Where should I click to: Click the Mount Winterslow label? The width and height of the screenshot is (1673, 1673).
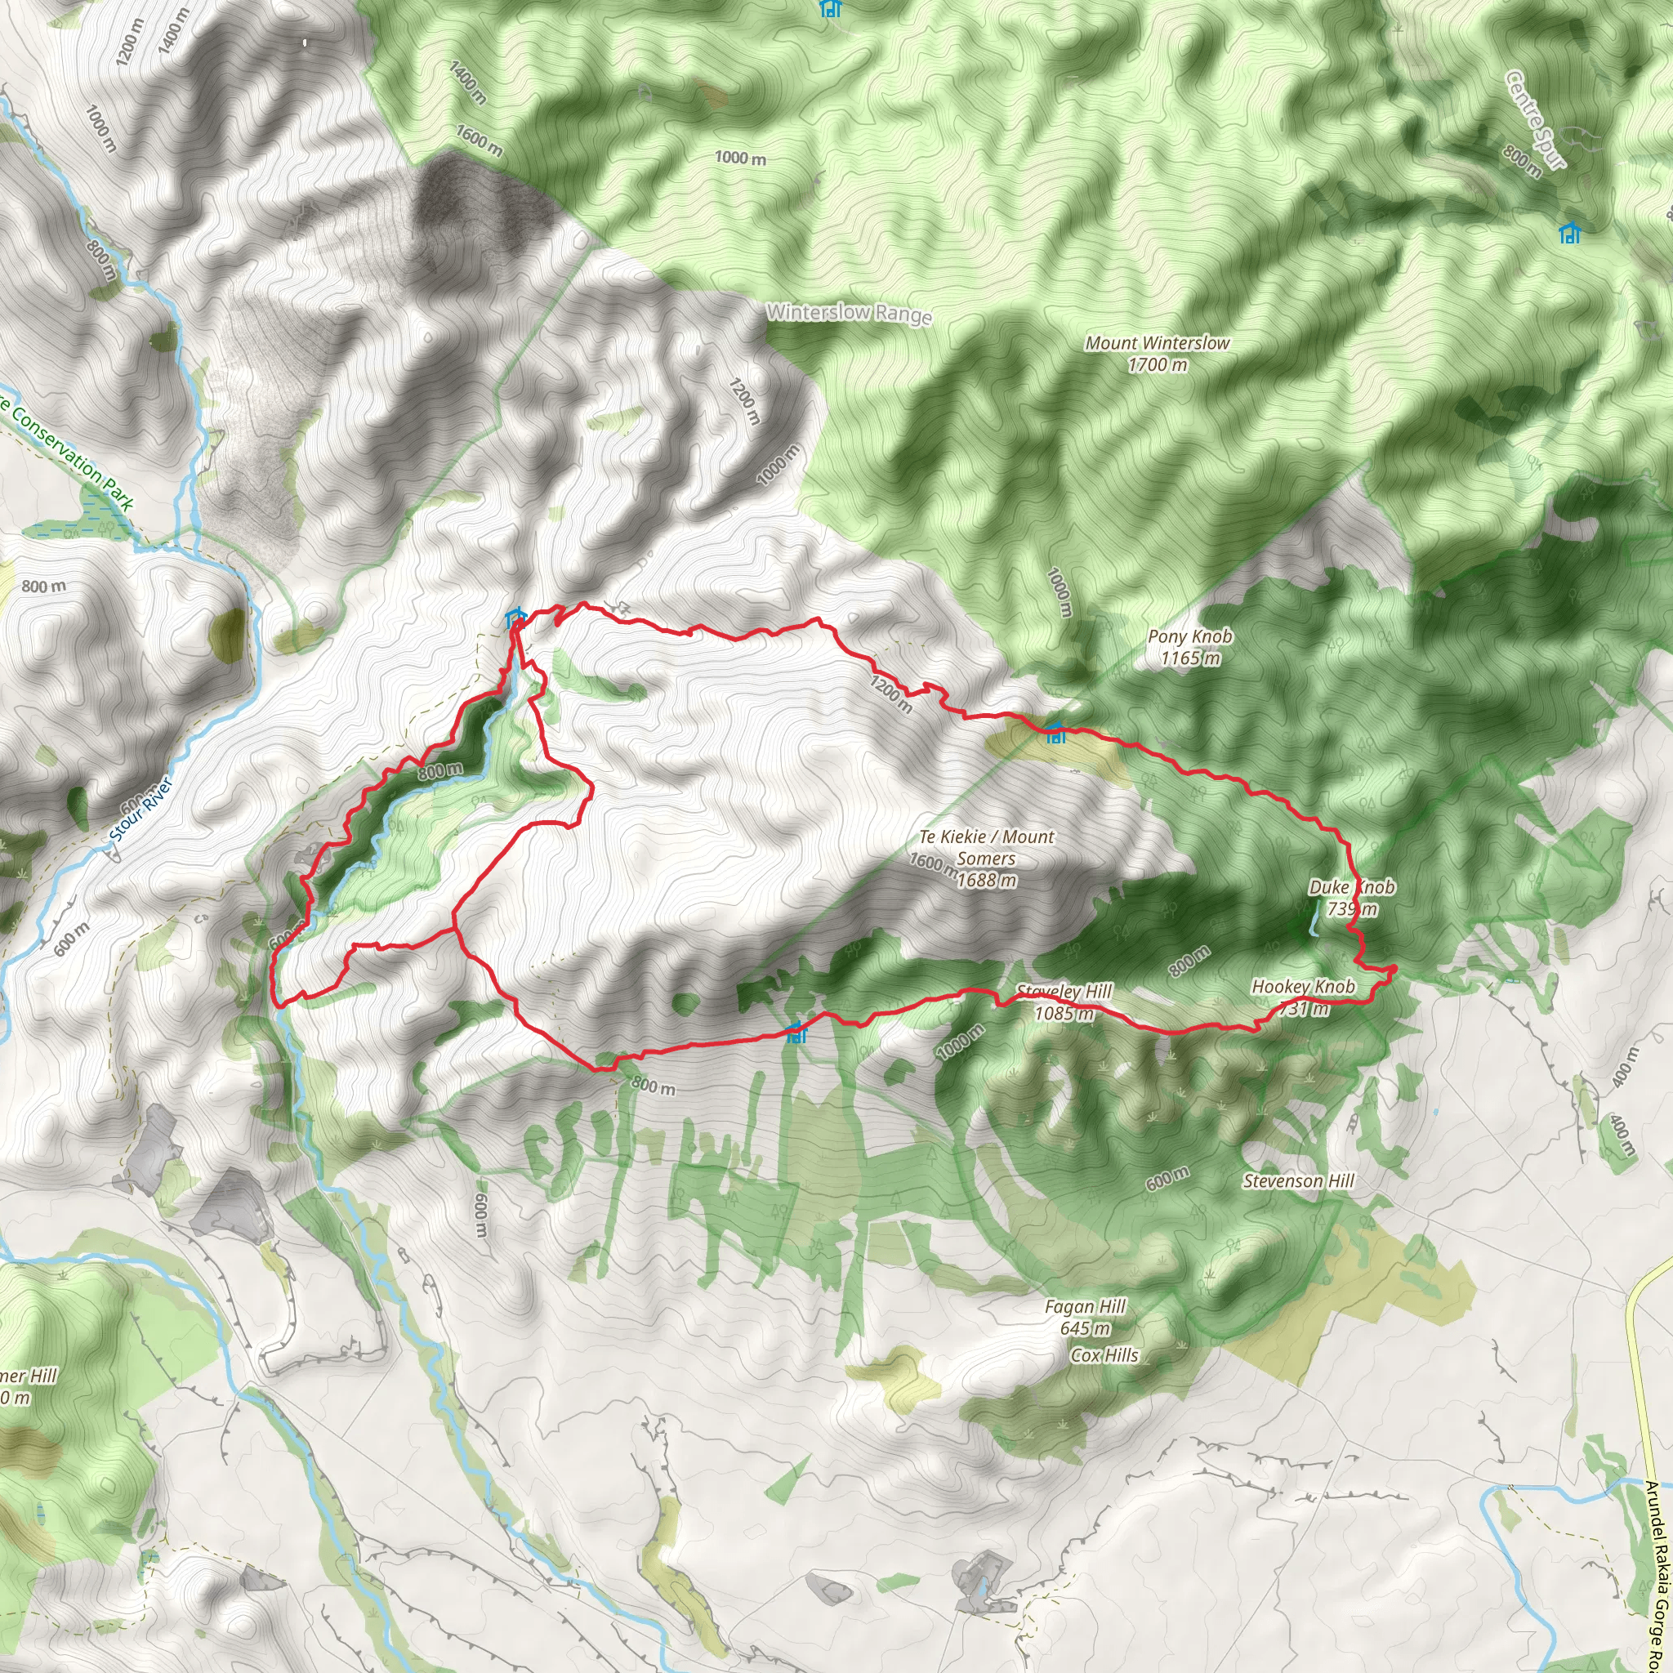(x=1157, y=353)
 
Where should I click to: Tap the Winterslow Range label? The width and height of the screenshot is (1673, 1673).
(x=849, y=313)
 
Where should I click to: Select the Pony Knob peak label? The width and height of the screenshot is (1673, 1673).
(x=1189, y=647)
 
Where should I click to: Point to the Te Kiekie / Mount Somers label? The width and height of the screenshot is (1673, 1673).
(x=986, y=857)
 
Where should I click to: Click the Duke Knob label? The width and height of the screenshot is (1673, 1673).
(x=1351, y=897)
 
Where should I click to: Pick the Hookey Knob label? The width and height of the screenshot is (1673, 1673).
(x=1303, y=997)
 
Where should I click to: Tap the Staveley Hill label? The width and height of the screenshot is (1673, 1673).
(x=1064, y=1002)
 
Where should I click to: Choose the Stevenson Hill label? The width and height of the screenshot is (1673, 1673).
(x=1298, y=1181)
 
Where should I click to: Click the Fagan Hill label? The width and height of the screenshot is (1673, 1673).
(x=1085, y=1316)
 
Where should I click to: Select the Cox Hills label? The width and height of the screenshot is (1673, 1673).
(x=1105, y=1355)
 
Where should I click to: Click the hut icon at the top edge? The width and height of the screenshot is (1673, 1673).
(x=831, y=9)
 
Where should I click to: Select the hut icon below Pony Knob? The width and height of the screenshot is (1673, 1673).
(x=1055, y=733)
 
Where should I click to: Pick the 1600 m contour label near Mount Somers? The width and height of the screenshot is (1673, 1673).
(x=933, y=862)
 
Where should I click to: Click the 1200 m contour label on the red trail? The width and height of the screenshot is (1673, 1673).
(x=891, y=694)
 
